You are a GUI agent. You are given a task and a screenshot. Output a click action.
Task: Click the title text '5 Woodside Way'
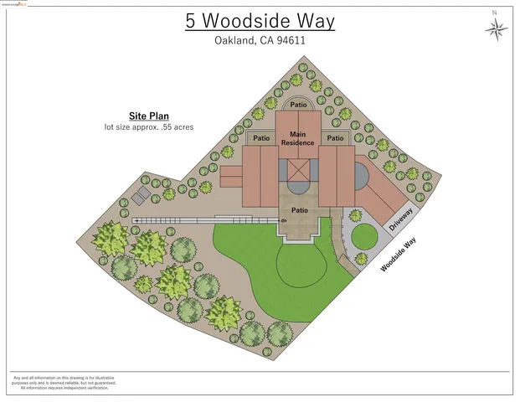click(260, 21)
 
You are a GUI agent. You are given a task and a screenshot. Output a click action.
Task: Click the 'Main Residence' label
click(298, 138)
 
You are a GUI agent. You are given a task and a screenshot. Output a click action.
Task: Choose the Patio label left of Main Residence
click(261, 138)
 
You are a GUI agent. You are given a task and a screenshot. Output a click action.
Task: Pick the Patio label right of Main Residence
click(335, 138)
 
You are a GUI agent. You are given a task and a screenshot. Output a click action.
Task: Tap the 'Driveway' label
click(400, 219)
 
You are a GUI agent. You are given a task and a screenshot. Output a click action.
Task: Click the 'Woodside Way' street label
click(398, 255)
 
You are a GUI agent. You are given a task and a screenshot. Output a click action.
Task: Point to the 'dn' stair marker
click(285, 220)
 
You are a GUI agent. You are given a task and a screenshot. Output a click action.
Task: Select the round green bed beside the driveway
click(363, 237)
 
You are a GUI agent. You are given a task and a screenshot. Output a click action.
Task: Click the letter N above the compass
click(495, 13)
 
